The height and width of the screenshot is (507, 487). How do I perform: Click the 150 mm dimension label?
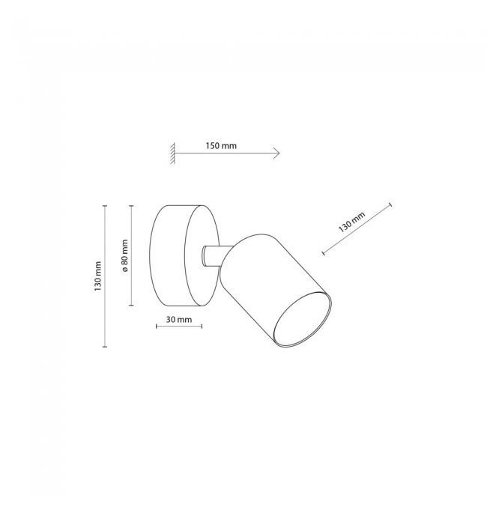coord(221,146)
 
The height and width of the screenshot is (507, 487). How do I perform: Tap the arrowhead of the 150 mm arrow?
coord(276,153)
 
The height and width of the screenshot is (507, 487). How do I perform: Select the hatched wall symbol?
coord(172,153)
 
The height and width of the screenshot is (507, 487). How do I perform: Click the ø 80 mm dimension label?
coord(125,255)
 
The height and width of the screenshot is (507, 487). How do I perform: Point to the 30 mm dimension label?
coord(179,320)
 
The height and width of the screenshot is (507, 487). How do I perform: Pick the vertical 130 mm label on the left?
coord(97,276)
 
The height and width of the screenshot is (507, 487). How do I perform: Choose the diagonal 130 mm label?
coord(351,222)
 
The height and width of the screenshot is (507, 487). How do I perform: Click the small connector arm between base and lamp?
coord(213,256)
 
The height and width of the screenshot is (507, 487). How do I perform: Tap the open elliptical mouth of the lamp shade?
coord(302,320)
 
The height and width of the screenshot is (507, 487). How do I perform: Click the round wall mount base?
coord(184,255)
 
